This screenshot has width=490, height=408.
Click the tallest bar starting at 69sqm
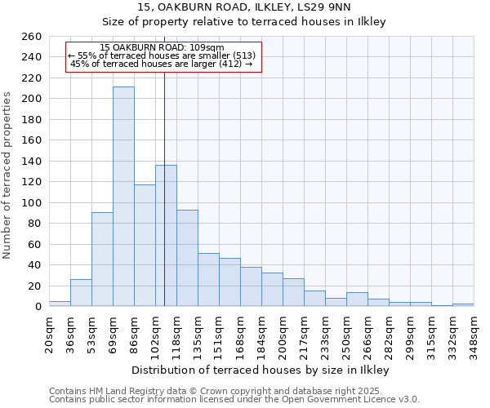pos(123,197)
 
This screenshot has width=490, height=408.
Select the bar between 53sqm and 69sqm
pos(102,259)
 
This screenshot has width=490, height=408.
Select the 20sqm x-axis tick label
pos(49,334)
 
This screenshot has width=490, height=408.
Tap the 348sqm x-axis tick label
pos(474,334)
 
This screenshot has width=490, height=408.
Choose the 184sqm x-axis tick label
pos(261,334)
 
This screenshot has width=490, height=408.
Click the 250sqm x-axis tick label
pos(346,334)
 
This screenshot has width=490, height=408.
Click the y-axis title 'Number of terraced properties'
pos(8,175)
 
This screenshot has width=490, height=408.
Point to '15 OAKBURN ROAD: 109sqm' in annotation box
pos(162,48)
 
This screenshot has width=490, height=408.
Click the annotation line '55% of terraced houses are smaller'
pos(162,55)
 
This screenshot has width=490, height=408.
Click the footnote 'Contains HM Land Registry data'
pos(234,391)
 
